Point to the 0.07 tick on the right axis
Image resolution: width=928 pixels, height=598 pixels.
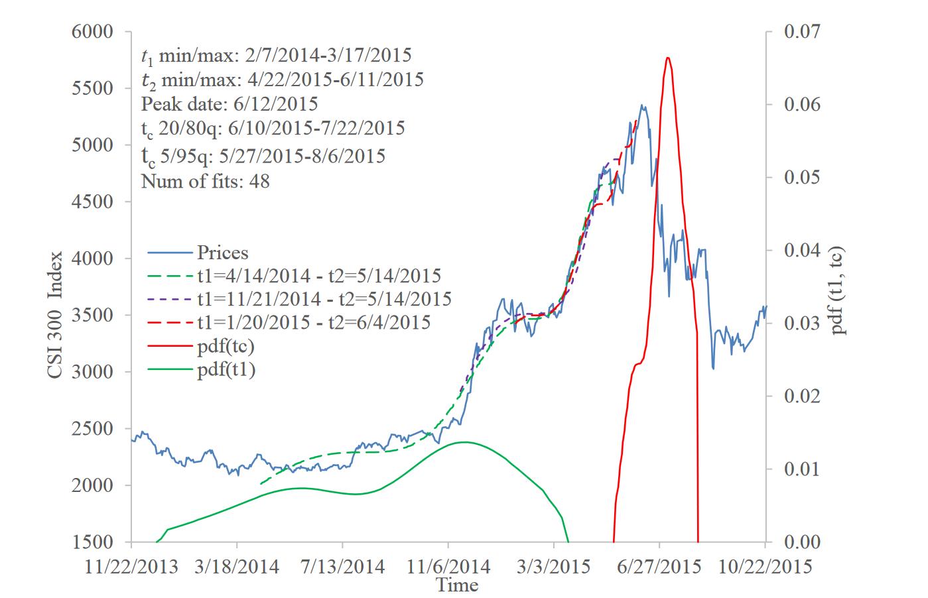803,32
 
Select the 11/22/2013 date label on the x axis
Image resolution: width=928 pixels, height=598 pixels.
132,567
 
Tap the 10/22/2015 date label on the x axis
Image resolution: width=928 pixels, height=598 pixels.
765,567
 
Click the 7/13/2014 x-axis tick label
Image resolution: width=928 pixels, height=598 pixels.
342,567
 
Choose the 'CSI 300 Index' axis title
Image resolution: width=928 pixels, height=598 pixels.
55,314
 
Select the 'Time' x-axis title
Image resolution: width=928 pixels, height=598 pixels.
456,585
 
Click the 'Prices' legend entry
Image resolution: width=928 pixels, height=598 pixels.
222,253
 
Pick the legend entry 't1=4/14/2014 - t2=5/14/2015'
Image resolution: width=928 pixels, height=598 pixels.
318,276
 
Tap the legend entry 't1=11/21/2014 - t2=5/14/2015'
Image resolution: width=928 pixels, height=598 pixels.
324,299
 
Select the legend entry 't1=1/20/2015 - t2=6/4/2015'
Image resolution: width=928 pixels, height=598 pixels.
313,322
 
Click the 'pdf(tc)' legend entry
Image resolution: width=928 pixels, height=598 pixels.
226,345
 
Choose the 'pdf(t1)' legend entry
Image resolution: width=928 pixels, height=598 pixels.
226,369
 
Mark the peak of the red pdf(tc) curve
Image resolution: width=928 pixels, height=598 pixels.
667,58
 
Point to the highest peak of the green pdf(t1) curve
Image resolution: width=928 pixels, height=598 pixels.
464,442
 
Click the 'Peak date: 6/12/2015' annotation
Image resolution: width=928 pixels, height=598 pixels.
230,104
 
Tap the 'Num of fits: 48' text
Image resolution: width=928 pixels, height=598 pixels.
206,181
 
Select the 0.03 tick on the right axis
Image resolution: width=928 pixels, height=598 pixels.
803,324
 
